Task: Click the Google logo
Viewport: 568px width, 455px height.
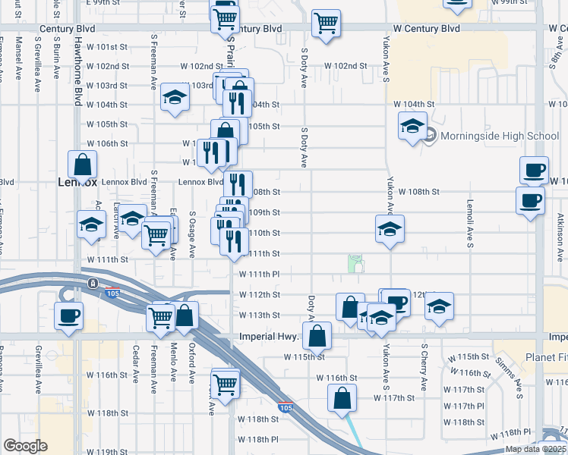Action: (x=25, y=446)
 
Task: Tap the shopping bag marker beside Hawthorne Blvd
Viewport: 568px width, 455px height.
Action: (x=82, y=165)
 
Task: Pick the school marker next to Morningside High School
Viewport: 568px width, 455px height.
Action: (x=412, y=127)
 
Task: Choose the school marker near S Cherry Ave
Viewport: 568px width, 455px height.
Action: (x=439, y=307)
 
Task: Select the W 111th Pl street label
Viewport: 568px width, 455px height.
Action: (x=260, y=274)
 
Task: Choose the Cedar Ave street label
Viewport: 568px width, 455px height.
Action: (x=135, y=365)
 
